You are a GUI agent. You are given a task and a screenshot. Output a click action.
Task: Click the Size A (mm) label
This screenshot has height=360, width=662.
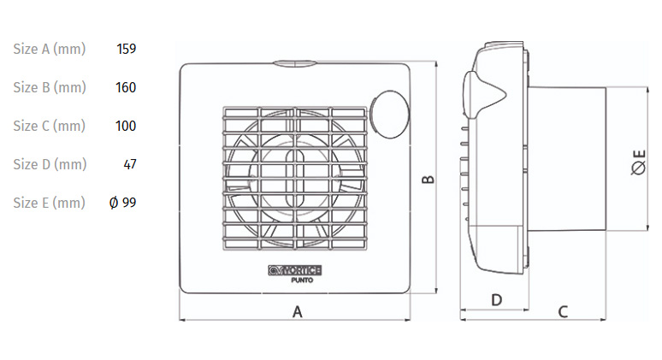pos(49,49)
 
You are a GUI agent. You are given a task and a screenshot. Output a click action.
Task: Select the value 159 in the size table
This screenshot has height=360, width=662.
pos(126,49)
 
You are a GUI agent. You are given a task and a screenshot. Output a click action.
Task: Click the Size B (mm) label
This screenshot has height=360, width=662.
pos(49,87)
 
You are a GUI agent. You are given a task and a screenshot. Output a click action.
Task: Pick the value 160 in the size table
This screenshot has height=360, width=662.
pos(126,87)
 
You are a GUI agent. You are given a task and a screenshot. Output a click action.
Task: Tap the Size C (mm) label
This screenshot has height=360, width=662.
pos(49,126)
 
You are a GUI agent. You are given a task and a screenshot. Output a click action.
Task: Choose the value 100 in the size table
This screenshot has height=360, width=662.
pos(126,126)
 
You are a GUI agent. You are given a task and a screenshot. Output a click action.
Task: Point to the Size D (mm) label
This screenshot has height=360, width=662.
pos(49,164)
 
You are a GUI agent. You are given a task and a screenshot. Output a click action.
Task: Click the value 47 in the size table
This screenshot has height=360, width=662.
pos(130,164)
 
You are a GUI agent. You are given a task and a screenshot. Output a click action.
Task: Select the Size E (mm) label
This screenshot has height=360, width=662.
pos(49,203)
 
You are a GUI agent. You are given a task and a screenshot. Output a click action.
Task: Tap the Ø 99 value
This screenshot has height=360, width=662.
pos(123,203)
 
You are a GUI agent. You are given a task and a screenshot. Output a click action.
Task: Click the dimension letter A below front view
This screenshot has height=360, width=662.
pos(297,312)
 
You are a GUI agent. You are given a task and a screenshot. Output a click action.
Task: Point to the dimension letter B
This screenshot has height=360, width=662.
pos(429,180)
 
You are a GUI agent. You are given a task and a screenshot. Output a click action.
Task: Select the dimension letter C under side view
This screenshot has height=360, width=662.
pos(563,311)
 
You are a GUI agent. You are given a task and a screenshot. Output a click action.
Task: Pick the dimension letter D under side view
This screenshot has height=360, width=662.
pos(495,300)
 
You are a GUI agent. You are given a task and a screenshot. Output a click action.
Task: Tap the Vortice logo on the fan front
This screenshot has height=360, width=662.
pos(295,269)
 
